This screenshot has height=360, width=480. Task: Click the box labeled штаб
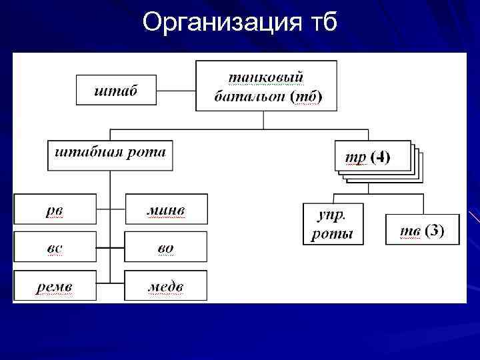[x=116, y=89]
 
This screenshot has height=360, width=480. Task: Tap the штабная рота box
[x=110, y=155]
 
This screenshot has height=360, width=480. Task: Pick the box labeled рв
[x=55, y=210]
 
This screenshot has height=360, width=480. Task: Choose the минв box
[x=166, y=210]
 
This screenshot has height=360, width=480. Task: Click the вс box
[x=55, y=248]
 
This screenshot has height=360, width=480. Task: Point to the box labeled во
[x=166, y=248]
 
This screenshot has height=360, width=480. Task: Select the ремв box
[x=55, y=286]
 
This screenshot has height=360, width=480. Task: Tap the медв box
[x=166, y=286]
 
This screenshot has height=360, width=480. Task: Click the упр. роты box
[x=333, y=224]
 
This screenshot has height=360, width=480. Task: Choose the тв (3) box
[x=423, y=230]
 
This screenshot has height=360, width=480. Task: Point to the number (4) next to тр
[x=381, y=157]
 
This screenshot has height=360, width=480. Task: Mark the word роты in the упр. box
[x=333, y=233]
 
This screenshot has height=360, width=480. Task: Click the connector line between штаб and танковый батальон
[x=177, y=89]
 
